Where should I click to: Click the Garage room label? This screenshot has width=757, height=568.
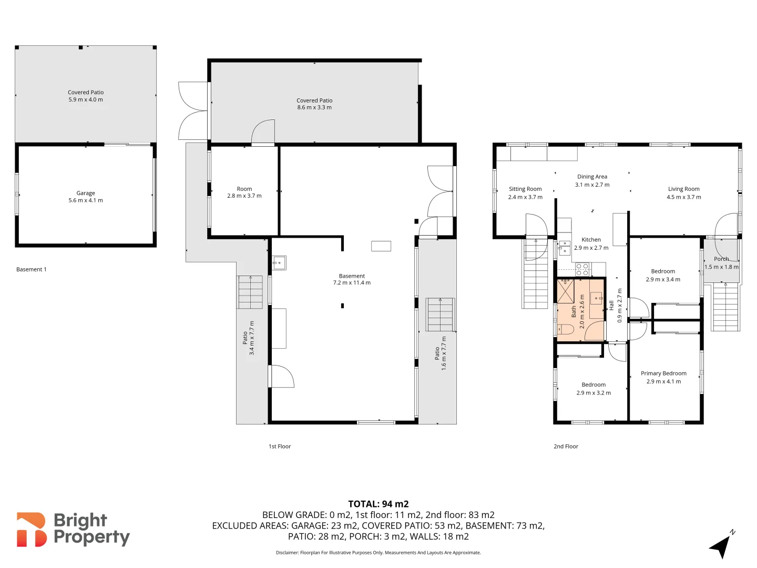click(x=86, y=193)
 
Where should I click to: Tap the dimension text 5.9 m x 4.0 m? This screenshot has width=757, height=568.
click(x=86, y=99)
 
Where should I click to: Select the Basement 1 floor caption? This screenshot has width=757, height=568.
click(x=32, y=269)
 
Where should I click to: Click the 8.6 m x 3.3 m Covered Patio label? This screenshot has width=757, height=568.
click(x=314, y=104)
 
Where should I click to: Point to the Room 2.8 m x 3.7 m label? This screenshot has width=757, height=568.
click(x=244, y=192)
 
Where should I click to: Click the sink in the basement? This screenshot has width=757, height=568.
click(x=279, y=262)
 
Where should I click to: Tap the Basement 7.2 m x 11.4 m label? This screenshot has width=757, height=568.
click(x=352, y=279)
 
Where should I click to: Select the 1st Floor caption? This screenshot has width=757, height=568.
click(x=280, y=447)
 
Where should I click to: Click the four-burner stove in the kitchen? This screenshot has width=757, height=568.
click(x=582, y=269)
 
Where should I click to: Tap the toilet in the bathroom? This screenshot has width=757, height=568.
click(x=565, y=330)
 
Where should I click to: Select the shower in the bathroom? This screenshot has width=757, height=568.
click(x=566, y=291)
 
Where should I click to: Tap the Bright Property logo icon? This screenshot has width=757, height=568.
click(x=32, y=530)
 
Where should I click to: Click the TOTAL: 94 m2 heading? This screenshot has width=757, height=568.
click(x=378, y=504)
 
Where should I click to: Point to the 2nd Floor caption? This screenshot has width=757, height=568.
click(x=566, y=447)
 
